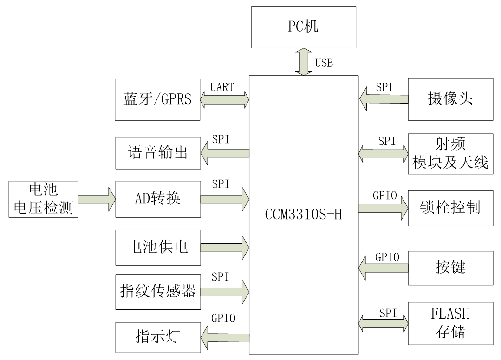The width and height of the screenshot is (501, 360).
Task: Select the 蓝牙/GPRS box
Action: click(157, 99)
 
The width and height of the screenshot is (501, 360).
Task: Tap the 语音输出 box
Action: click(157, 153)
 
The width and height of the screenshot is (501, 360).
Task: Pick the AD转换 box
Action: click(157, 199)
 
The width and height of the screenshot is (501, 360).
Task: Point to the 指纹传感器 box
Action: click(157, 292)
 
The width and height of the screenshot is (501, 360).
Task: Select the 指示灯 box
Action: click(157, 336)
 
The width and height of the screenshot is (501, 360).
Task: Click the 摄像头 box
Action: click(450, 99)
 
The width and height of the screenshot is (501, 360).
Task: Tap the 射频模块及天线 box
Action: click(450, 154)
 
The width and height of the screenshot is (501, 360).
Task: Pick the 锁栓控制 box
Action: click(450, 208)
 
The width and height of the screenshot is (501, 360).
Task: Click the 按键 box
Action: click(450, 268)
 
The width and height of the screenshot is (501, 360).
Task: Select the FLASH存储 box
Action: click(450, 323)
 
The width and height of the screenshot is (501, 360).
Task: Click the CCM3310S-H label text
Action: click(303, 216)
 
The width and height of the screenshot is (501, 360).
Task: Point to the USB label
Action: click(324, 63)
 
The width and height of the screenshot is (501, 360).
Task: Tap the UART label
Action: click(221, 87)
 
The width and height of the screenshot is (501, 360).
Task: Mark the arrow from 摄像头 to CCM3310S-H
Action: click(384, 99)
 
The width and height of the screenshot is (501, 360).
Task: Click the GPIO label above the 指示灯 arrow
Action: click(223, 318)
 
